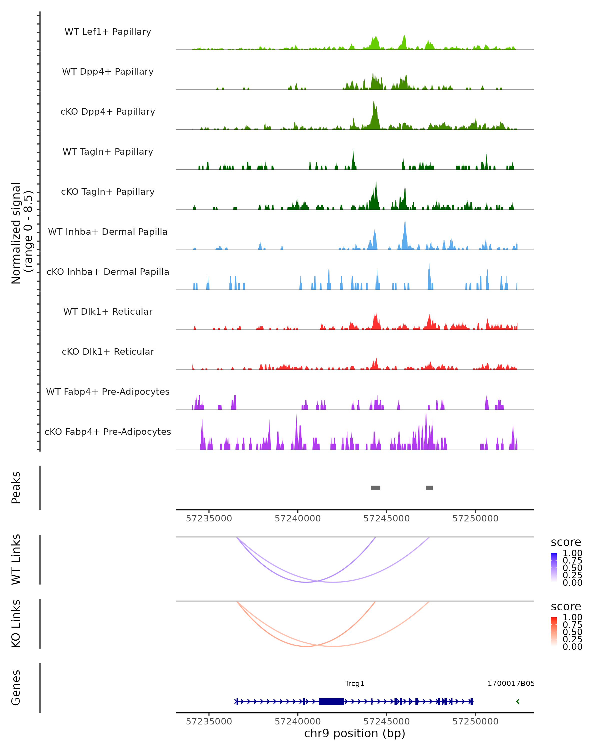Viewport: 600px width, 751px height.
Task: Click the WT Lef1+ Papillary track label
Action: pyautogui.click(x=108, y=32)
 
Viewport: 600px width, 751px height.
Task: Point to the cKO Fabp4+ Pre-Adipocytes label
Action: pyautogui.click(x=108, y=432)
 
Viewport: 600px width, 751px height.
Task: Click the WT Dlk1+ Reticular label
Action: pyautogui.click(x=108, y=311)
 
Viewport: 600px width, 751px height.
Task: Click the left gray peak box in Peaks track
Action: pyautogui.click(x=375, y=488)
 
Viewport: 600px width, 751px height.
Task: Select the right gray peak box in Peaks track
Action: pyautogui.click(x=429, y=488)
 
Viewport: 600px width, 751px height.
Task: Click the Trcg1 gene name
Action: pyautogui.click(x=354, y=683)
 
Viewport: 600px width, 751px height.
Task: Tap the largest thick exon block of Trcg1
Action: pyautogui.click(x=331, y=701)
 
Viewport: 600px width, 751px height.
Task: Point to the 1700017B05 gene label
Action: pyautogui.click(x=510, y=683)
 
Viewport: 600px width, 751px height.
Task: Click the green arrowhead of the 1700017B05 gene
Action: pyautogui.click(x=517, y=701)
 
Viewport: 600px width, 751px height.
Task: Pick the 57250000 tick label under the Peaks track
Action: pyautogui.click(x=475, y=518)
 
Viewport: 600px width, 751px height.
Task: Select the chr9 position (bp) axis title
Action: pyautogui.click(x=354, y=733)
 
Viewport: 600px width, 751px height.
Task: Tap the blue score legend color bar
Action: pyautogui.click(x=554, y=567)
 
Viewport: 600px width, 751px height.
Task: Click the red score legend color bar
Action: pyautogui.click(x=554, y=631)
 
